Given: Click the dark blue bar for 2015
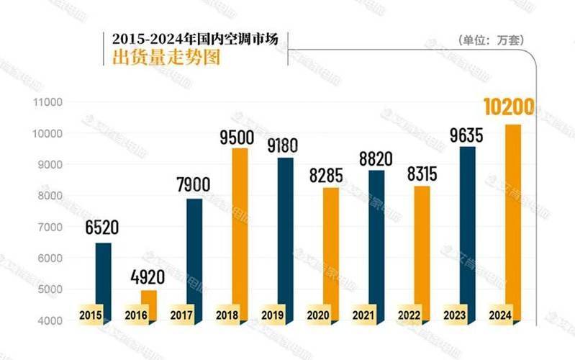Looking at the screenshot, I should click(x=103, y=274).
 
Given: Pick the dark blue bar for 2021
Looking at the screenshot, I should click(x=376, y=238).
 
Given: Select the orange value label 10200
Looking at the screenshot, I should click(x=508, y=108).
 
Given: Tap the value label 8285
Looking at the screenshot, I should click(x=327, y=175).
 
